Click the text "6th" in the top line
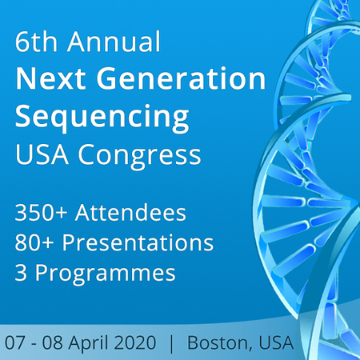(36, 41)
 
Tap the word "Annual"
(114, 41)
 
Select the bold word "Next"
(50, 78)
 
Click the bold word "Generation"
(181, 78)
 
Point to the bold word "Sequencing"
(102, 118)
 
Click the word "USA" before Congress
(42, 154)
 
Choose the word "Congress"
(139, 156)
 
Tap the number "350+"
(41, 212)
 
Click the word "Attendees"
(130, 212)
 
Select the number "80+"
(34, 242)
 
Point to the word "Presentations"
(138, 242)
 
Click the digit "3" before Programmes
(21, 272)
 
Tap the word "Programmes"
(106, 274)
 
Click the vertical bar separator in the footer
(172, 344)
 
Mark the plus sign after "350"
(62, 213)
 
